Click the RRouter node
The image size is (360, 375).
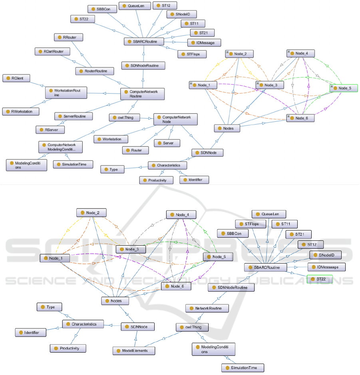coord(68,38)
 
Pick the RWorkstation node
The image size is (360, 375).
coord(21,111)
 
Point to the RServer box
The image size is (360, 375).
coord(50,130)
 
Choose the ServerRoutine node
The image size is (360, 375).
coord(74,116)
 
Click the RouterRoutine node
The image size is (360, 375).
coord(94,71)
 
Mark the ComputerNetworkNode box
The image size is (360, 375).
coord(175,120)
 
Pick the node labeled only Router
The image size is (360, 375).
coord(135,150)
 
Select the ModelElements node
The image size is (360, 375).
coord(133,351)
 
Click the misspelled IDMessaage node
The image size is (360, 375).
coord(326,267)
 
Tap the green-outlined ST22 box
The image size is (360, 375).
coord(319,280)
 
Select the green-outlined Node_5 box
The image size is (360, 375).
coord(344,88)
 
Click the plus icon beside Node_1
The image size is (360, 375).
coord(191,84)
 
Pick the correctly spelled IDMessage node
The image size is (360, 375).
coord(204,42)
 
